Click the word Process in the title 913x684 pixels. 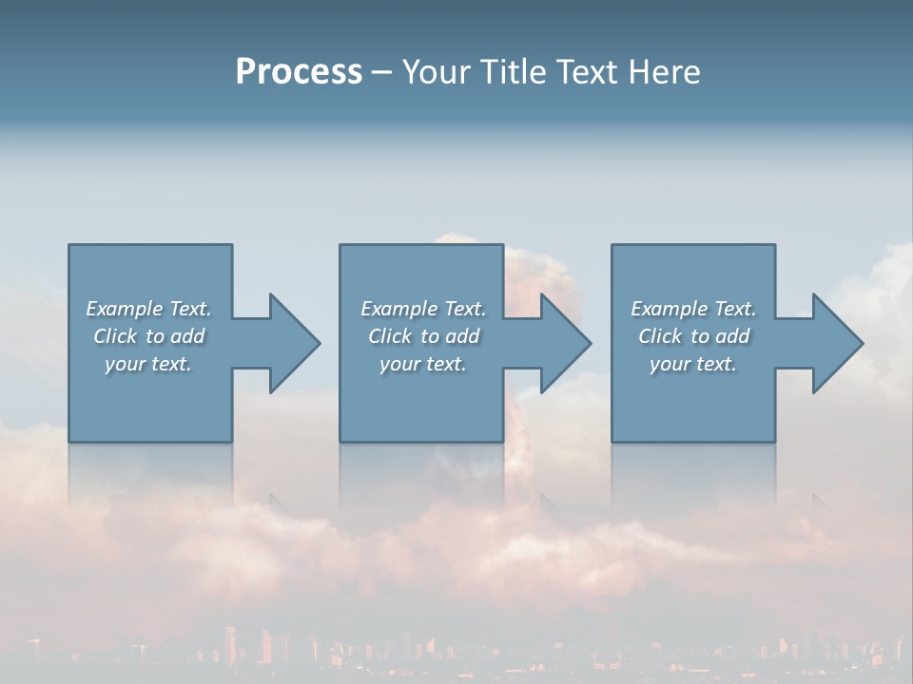pos(299,72)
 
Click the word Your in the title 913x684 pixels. pos(436,72)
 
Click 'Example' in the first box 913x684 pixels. pos(125,309)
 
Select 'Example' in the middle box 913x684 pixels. pos(399,309)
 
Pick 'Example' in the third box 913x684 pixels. pos(670,309)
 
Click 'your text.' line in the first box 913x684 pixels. pos(148,364)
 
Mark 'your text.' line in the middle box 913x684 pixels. pos(423,364)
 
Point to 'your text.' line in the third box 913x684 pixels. pos(693,364)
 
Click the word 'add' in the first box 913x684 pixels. pos(187,336)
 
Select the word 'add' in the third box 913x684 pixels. pos(732,336)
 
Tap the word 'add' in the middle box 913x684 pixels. pos(462,336)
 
